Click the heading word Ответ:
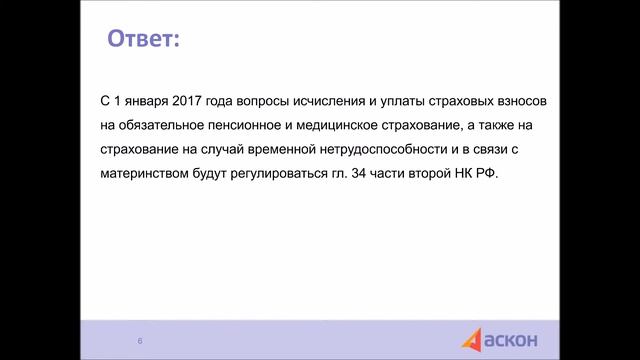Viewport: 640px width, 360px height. (x=144, y=41)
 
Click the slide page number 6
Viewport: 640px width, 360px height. (x=140, y=342)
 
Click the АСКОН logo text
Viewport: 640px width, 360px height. (x=513, y=341)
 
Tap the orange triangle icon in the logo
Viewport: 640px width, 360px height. (x=472, y=341)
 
